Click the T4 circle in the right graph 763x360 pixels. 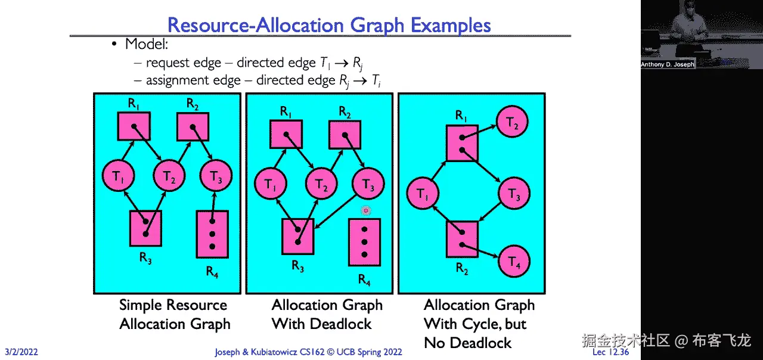point(513,262)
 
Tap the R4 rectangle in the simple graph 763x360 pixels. point(212,234)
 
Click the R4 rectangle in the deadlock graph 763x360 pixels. point(364,241)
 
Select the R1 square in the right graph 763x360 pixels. point(462,143)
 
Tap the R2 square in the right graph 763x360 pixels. point(462,238)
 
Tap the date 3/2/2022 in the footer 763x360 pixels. point(21,352)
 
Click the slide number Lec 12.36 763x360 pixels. point(611,352)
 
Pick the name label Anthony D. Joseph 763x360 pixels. point(668,64)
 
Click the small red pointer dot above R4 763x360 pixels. point(366,210)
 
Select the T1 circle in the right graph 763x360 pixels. point(422,193)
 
